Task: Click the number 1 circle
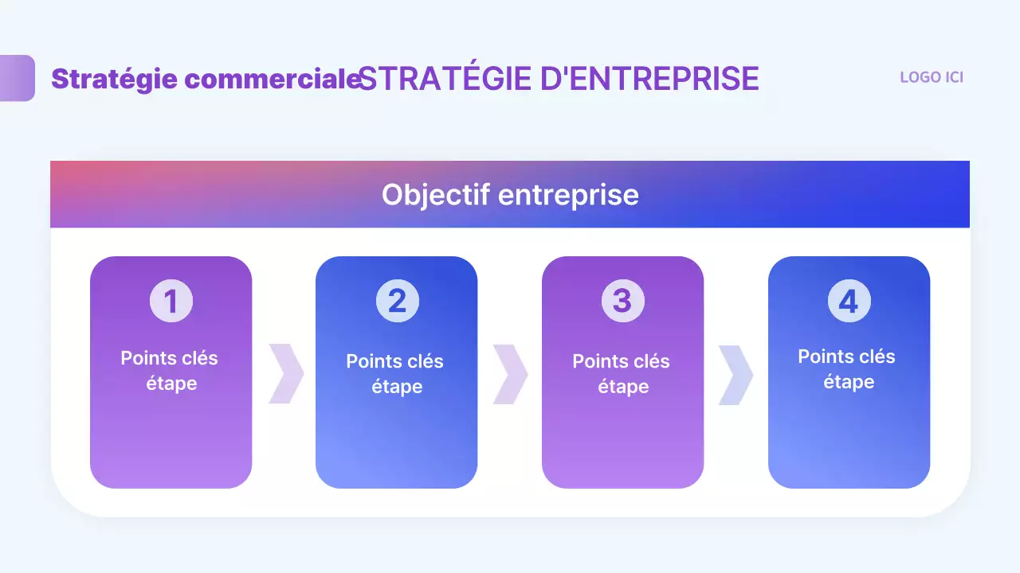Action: (171, 301)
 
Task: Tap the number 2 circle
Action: (397, 301)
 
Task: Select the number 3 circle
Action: (622, 301)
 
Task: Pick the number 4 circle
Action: (849, 301)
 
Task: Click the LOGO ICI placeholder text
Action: (931, 77)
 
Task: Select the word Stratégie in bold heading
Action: (115, 79)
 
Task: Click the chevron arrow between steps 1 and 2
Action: (285, 374)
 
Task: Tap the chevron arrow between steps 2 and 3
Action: (510, 374)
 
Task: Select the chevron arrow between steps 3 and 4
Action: (736, 374)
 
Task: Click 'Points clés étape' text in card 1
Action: (170, 370)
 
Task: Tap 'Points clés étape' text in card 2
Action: (396, 373)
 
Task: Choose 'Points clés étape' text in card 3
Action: (622, 373)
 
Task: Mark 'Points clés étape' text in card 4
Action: (847, 368)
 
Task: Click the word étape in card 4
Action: (849, 382)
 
